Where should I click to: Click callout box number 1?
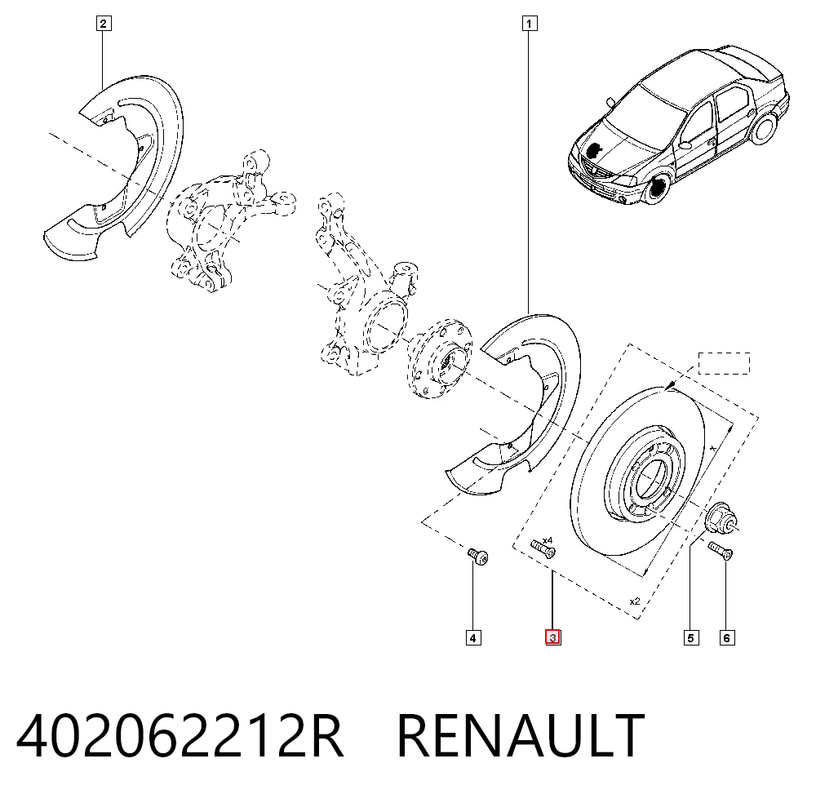pos(530,24)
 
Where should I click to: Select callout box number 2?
pos(104,24)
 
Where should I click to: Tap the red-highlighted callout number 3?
pos(552,637)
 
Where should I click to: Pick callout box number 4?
pos(473,638)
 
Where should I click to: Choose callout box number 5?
pos(691,638)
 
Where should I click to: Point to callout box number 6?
pos(727,638)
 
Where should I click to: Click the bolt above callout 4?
pos(477,557)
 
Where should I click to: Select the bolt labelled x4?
pos(543,549)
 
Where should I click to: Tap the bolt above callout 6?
pos(721,551)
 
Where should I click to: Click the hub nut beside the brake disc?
pos(720,519)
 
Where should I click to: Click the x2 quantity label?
pos(635,601)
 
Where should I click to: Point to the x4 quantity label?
pos(548,541)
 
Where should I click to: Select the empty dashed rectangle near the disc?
pos(724,363)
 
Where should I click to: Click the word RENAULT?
pos(521,736)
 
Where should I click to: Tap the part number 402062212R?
pos(180,736)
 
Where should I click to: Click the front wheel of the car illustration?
pos(657,189)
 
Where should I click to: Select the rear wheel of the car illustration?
pos(764,130)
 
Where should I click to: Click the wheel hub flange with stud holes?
pos(441,359)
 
